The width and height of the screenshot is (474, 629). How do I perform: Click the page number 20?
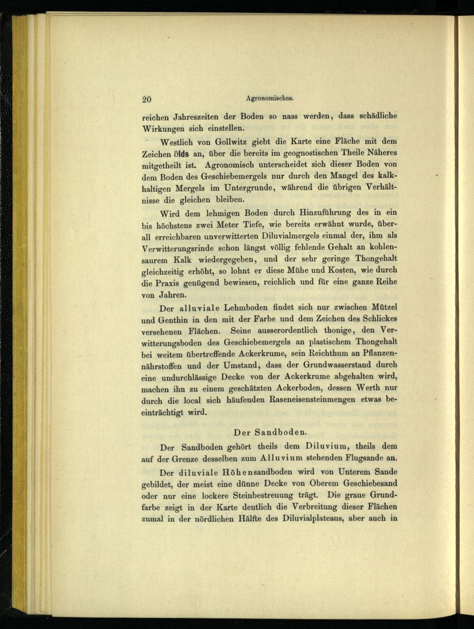click(x=146, y=99)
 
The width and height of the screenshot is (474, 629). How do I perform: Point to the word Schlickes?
click(x=378, y=319)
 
